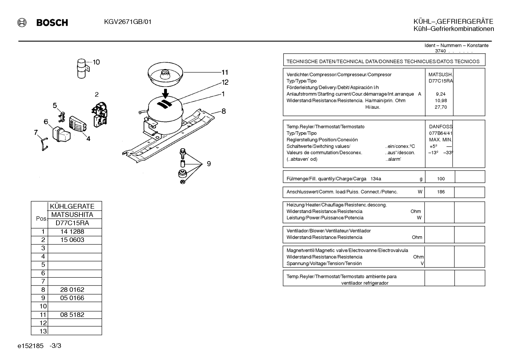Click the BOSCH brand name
coord(52,23)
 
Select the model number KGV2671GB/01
coord(128,22)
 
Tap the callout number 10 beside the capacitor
coord(96,62)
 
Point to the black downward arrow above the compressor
coord(166,94)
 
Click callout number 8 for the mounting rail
coord(223,111)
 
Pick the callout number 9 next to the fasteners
coord(209,164)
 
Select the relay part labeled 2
coord(100,115)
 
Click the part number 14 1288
coord(72,231)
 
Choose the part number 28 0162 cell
coord(72,289)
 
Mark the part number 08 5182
coord(72,314)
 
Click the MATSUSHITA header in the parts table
coord(72,214)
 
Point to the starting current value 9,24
coord(441,94)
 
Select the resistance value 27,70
coord(441,107)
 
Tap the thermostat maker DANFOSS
coord(441,127)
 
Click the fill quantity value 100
coord(441,179)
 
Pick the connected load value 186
coord(441,192)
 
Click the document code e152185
coord(30,346)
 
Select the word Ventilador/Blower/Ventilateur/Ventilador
coord(329,231)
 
